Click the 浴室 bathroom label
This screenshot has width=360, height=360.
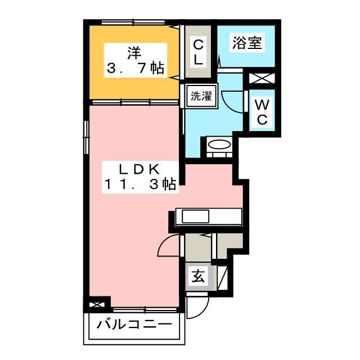tap(247, 43)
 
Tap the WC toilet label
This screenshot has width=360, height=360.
tap(262, 112)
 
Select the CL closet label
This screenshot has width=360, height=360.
tap(199, 51)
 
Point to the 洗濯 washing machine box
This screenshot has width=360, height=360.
tap(200, 95)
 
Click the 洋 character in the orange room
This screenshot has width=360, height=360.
tap(133, 55)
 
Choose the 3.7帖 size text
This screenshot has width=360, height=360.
tap(135, 69)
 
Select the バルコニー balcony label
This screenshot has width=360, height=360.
tap(133, 325)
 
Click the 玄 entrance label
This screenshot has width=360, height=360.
tap(199, 276)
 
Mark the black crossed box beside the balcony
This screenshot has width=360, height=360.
tap(96, 305)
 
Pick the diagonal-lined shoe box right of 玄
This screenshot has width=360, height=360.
tap(223, 277)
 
